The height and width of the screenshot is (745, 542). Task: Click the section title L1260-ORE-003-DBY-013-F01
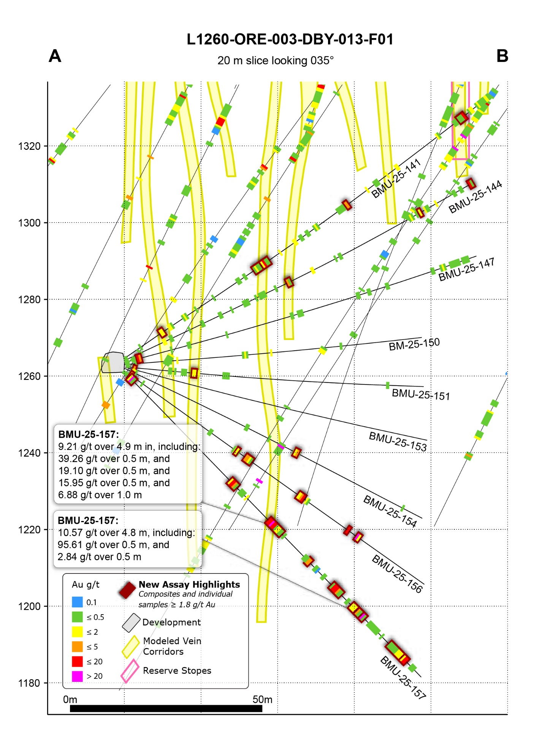[x=290, y=40]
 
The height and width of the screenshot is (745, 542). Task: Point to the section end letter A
[x=55, y=56]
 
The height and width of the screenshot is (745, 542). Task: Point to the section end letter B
[x=502, y=56]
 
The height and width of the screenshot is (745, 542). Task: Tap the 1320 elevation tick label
[x=29, y=146]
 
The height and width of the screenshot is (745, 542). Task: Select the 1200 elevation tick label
[x=29, y=607]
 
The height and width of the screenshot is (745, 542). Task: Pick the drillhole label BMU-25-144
[x=475, y=197]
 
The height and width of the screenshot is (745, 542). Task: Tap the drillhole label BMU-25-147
[x=466, y=270]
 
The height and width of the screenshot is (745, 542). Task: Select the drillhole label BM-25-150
[x=414, y=344]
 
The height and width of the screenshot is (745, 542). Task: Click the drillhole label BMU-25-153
[x=398, y=442]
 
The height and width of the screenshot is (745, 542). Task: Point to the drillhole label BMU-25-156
[x=397, y=574]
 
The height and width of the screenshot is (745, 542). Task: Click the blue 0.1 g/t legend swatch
[x=78, y=602]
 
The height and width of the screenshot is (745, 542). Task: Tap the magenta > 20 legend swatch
[x=78, y=676]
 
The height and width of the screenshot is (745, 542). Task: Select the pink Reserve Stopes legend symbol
[x=130, y=671]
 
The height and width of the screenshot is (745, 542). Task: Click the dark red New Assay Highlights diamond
[x=127, y=590]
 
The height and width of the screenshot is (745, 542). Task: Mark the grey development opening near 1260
[x=114, y=362]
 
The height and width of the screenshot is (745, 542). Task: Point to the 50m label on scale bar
[x=262, y=699]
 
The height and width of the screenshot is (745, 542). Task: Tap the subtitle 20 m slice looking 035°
[x=276, y=61]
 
